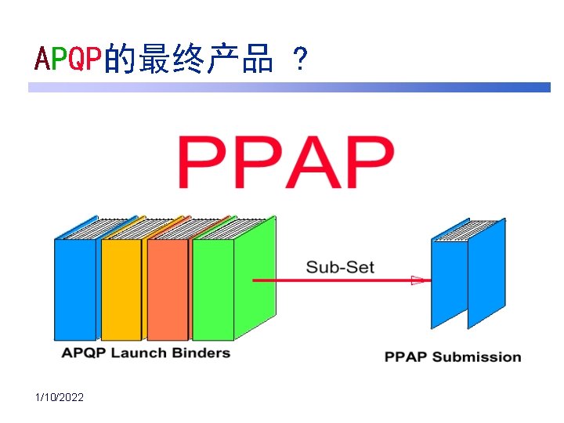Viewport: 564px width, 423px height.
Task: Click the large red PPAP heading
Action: pyautogui.click(x=285, y=162)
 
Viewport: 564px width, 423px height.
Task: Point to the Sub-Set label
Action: pyautogui.click(x=340, y=267)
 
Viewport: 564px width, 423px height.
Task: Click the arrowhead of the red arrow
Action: pyautogui.click(x=419, y=280)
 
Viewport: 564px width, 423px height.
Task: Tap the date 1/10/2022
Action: pyautogui.click(x=60, y=398)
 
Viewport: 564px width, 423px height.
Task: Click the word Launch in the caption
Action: pyautogui.click(x=139, y=352)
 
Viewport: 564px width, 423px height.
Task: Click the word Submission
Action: pyautogui.click(x=476, y=357)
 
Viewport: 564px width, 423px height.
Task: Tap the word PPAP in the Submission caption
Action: pyautogui.click(x=405, y=357)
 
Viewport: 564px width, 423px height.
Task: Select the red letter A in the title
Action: pyautogui.click(x=43, y=59)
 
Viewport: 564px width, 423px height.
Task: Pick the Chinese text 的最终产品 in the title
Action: pyautogui.click(x=188, y=59)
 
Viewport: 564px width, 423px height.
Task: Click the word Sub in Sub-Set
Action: pyautogui.click(x=320, y=267)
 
